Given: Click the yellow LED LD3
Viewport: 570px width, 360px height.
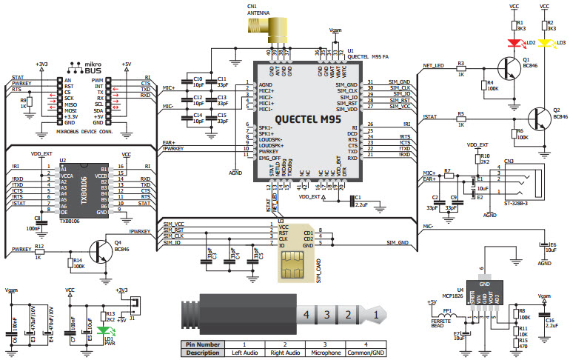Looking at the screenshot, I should pyautogui.click(x=545, y=44).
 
